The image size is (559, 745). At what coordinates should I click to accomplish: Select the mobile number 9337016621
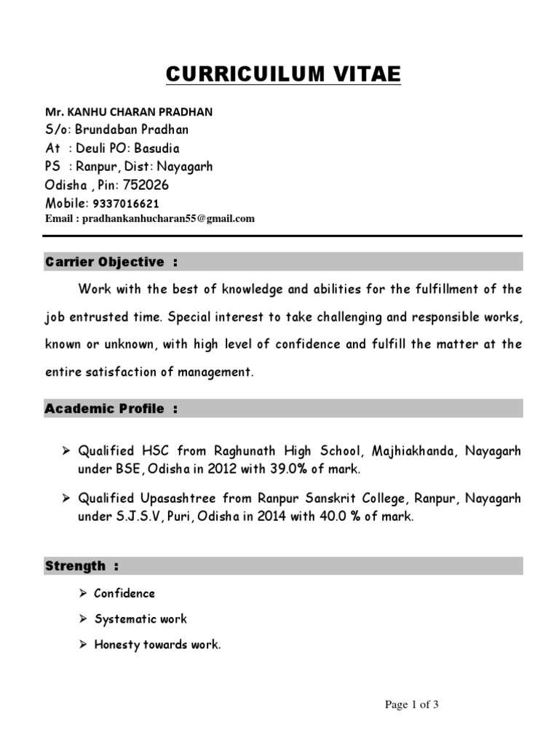pyautogui.click(x=126, y=204)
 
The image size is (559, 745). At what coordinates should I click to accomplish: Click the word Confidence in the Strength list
pyautogui.click(x=124, y=594)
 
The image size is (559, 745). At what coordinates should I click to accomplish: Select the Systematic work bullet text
pyautogui.click(x=140, y=619)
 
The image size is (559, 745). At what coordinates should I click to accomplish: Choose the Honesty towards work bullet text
pyautogui.click(x=156, y=645)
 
